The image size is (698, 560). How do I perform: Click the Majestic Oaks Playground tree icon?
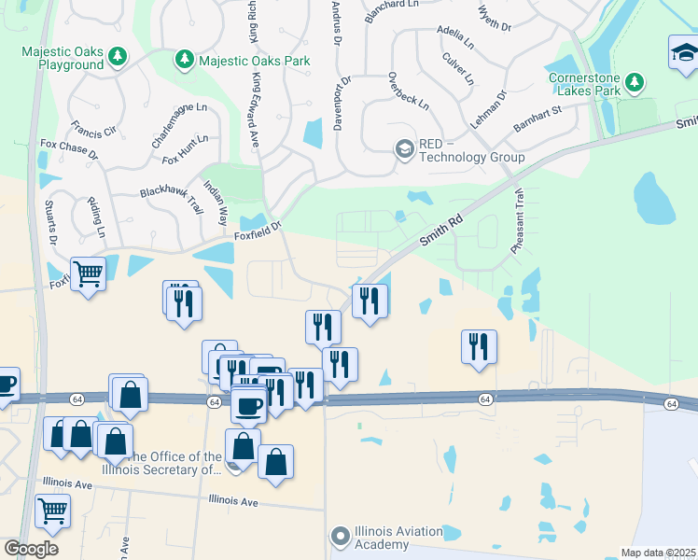[x=118, y=59]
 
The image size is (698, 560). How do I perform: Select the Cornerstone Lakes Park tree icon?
[x=634, y=82]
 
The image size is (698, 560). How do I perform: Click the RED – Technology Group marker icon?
[x=404, y=148]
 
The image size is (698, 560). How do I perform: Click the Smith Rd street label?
[x=441, y=228]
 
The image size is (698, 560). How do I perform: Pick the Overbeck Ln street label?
[x=408, y=91]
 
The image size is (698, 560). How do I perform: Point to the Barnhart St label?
[x=537, y=120]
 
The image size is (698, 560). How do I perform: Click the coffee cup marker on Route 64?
[x=248, y=404]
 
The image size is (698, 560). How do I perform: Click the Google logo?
[x=31, y=549]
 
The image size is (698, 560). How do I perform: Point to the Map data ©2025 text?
[x=658, y=553]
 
